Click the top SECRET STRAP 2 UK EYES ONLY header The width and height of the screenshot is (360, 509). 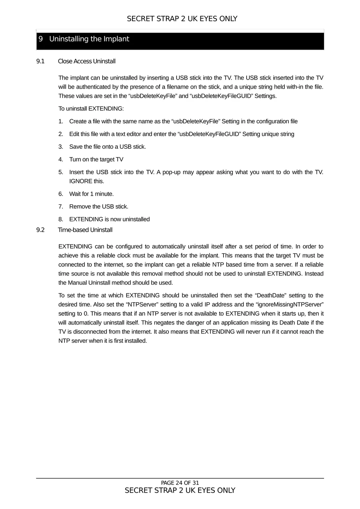pyautogui.click(x=182, y=19)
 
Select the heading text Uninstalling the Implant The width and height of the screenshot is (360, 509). pyautogui.click(x=89, y=39)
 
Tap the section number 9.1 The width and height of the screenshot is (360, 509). pyautogui.click(x=40, y=61)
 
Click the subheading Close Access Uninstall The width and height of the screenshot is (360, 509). pyautogui.click(x=87, y=61)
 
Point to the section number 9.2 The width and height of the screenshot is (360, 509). pyautogui.click(x=40, y=230)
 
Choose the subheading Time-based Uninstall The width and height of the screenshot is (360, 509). pyautogui.click(x=85, y=230)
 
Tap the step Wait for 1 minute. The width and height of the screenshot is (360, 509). pyautogui.click(x=91, y=194)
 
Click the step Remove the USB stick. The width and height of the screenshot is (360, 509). pyautogui.click(x=99, y=206)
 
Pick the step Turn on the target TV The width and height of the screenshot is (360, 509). pyautogui.click(x=96, y=159)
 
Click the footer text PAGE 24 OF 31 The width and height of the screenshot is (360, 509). pyautogui.click(x=180, y=483)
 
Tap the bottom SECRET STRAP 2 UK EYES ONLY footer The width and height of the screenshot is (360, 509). pyautogui.click(x=180, y=490)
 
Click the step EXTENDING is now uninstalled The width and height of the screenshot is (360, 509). pyautogui.click(x=109, y=219)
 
